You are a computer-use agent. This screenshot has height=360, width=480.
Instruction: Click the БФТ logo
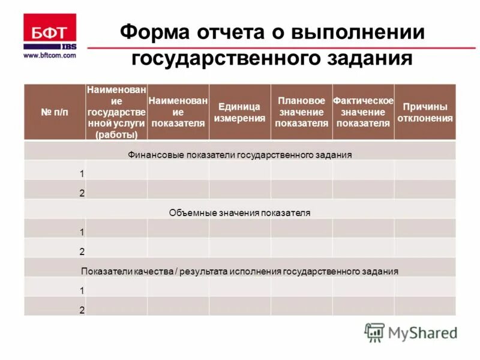(x=49, y=33)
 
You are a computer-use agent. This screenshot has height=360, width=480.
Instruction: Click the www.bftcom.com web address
(x=50, y=55)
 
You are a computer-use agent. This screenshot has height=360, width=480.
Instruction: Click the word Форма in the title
(x=152, y=32)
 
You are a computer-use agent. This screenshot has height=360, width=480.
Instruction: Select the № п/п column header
(x=55, y=113)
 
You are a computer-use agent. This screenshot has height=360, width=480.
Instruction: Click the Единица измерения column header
(x=239, y=112)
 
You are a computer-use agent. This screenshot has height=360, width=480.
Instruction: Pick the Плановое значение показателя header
(x=301, y=112)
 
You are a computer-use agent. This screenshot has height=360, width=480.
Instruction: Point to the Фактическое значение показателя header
(x=363, y=112)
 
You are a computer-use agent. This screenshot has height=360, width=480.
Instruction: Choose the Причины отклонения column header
(x=425, y=112)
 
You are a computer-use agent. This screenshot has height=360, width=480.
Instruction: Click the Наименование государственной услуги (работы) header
(x=116, y=113)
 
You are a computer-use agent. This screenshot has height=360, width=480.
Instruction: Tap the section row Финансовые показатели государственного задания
(x=239, y=155)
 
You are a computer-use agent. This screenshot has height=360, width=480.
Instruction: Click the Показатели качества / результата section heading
(x=239, y=271)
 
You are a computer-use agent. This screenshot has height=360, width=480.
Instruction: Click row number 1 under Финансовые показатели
(x=82, y=173)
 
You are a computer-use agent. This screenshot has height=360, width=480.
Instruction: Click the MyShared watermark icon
(x=375, y=332)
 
